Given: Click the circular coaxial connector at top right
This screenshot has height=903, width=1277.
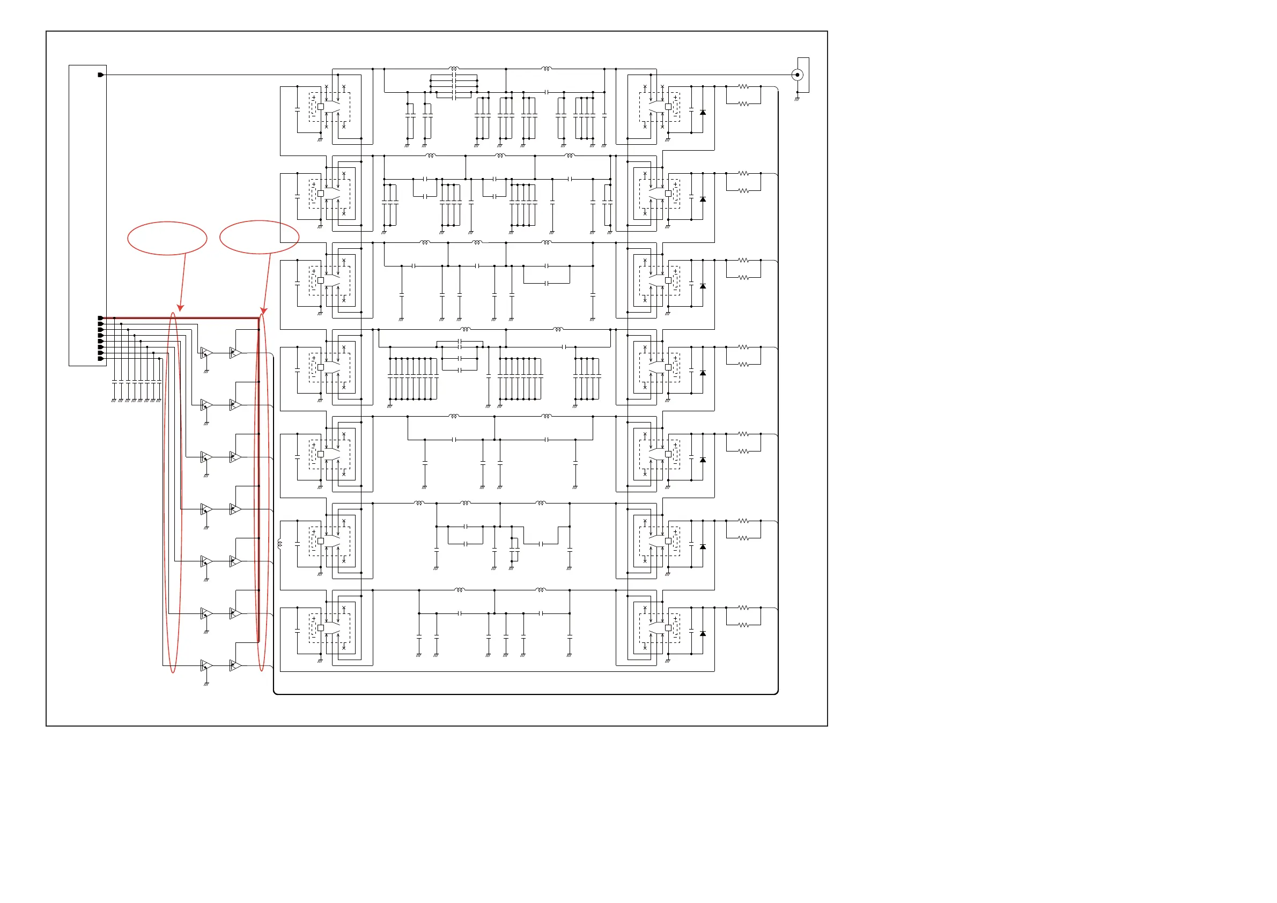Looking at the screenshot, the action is (797, 75).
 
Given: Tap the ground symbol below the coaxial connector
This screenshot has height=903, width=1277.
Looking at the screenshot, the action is (797, 99).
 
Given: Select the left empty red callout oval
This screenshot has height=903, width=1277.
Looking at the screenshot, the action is (167, 238).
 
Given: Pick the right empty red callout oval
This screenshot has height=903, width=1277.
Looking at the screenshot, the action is (259, 237).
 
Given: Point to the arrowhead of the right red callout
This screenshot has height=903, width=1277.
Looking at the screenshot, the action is (264, 310).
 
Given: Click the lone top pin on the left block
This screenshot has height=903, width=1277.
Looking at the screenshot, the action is (101, 75).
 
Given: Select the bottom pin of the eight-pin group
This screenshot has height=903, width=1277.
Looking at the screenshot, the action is (101, 359).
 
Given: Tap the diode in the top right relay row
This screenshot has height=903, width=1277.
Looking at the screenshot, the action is (703, 112).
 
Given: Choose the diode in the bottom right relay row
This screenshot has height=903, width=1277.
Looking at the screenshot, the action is (703, 633).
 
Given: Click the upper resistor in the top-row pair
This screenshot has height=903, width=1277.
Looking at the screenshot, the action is (743, 87).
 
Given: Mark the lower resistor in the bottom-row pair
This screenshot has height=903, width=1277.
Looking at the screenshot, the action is (743, 625).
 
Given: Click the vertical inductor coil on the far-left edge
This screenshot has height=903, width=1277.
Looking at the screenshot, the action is (279, 544).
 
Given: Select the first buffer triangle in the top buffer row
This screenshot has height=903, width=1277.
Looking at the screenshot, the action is (206, 352).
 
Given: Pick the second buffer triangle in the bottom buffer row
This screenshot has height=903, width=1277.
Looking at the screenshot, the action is (235, 665).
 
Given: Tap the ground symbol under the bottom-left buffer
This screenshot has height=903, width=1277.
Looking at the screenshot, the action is (206, 684).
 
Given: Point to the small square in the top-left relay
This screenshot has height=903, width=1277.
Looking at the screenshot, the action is (320, 106).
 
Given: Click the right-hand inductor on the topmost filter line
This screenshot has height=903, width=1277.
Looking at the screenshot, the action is (546, 69).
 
